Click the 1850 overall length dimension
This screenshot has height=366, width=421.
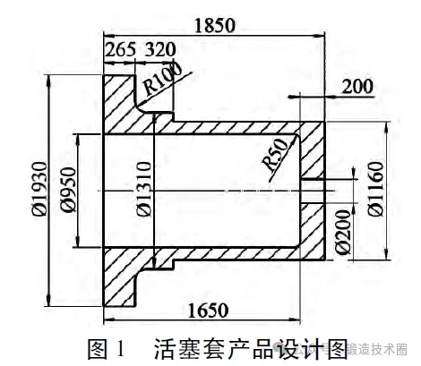[215, 25]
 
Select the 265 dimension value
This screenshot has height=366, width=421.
[121, 49]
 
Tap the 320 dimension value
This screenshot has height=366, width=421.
[160, 49]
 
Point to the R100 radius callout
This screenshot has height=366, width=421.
[162, 79]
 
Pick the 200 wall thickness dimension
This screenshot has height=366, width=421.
[357, 87]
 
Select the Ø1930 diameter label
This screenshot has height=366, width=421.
[40, 189]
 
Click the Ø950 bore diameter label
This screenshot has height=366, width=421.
[68, 190]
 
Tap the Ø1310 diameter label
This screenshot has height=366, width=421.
[145, 189]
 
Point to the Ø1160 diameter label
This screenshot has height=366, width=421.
[375, 189]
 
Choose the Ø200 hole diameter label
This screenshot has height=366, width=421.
[342, 232]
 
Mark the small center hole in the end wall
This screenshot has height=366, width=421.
[312, 192]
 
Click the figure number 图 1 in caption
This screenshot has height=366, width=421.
[107, 349]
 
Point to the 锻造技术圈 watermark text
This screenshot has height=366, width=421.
[378, 349]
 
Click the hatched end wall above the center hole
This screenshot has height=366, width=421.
[312, 150]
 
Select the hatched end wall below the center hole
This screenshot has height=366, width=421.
[312, 232]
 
